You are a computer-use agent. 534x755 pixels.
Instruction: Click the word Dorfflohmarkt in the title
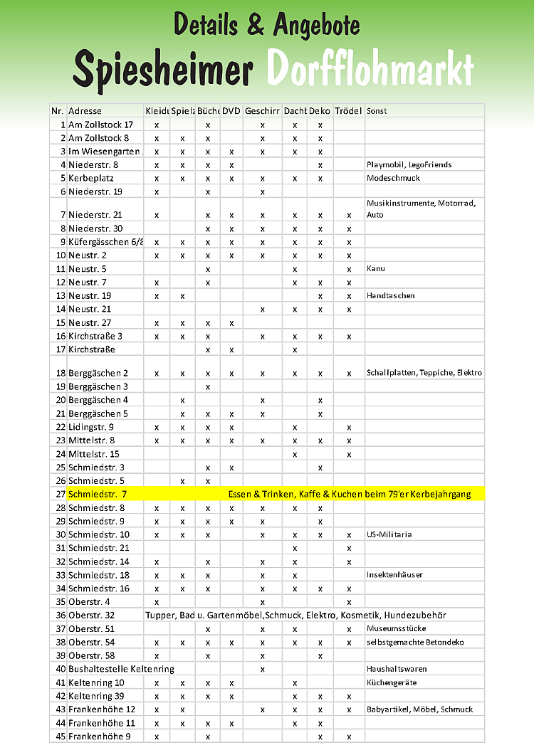coord(370,70)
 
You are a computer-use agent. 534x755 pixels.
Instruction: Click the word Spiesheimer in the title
coord(163,70)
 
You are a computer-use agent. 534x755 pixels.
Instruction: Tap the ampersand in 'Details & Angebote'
coord(256,26)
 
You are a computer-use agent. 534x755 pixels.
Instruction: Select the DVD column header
coord(231,111)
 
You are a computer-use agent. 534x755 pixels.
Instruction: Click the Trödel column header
coord(348,111)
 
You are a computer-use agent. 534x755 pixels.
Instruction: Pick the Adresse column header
coord(85,111)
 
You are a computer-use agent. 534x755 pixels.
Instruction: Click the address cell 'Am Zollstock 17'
coord(100,125)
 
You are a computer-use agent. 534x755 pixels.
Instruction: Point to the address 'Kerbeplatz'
coord(91,178)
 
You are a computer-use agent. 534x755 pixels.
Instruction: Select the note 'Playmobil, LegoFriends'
coord(409,164)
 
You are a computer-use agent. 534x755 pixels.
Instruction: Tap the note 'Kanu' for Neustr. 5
coord(375,269)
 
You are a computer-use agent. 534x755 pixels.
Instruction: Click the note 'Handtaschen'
coord(390,295)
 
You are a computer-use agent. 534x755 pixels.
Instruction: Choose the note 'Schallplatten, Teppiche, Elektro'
coord(424,373)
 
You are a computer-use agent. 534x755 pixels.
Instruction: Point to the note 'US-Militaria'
coord(389,534)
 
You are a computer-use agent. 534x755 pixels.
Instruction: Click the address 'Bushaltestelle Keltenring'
coord(121,669)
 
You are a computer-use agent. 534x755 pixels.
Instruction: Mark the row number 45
coord(61,736)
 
